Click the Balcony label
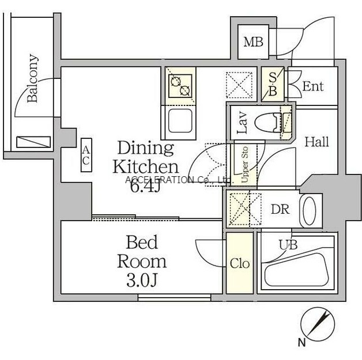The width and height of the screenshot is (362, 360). pyautogui.click(x=32, y=78)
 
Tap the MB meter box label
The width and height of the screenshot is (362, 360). pyautogui.click(x=253, y=42)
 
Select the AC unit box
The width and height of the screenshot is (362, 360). pyautogui.click(x=86, y=155)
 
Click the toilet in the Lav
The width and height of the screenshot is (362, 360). pyautogui.click(x=269, y=123)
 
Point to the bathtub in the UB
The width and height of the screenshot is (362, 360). pyautogui.click(x=297, y=270)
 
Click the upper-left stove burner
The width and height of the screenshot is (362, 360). pyautogui.click(x=176, y=81)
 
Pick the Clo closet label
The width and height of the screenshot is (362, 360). pyautogui.click(x=240, y=264)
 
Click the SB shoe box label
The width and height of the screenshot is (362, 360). pyautogui.click(x=273, y=84)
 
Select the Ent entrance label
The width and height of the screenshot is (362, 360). pyautogui.click(x=313, y=86)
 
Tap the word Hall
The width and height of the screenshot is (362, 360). pyautogui.click(x=317, y=142)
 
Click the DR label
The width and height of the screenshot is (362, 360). pyautogui.click(x=280, y=210)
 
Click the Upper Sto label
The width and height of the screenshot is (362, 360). pyautogui.click(x=244, y=164)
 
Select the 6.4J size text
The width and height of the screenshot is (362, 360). pyautogui.click(x=145, y=187)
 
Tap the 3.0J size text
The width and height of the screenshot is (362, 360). pyautogui.click(x=142, y=280)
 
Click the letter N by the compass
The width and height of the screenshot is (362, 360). pyautogui.click(x=301, y=342)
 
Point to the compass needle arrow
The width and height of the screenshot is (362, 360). pyautogui.click(x=319, y=323)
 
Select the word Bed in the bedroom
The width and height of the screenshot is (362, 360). pyautogui.click(x=142, y=242)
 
